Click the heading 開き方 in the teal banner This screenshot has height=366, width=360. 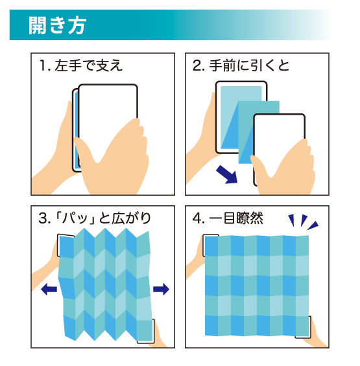(x=58, y=25)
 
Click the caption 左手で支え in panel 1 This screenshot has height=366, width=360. (x=89, y=65)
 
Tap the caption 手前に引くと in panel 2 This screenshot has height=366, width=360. (x=249, y=65)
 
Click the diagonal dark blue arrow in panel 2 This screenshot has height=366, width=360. (x=227, y=174)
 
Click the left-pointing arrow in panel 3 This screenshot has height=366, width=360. (x=49, y=290)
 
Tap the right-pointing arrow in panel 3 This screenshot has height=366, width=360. (x=161, y=290)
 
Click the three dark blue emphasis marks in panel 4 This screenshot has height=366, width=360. (x=303, y=222)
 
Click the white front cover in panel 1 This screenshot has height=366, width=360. (x=108, y=105)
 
